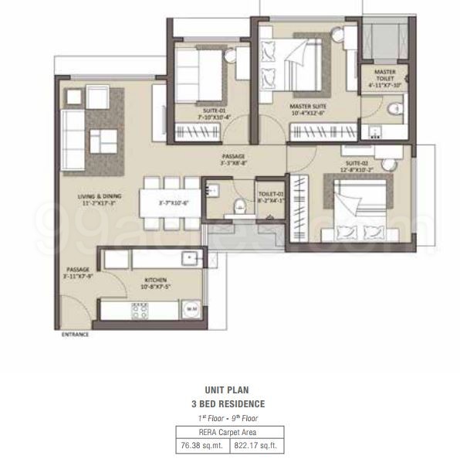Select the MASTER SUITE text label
[x=307, y=107]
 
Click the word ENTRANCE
[x=75, y=335]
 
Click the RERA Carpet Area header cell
[x=228, y=431]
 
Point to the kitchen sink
[x=185, y=258]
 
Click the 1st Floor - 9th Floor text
[x=228, y=417]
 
